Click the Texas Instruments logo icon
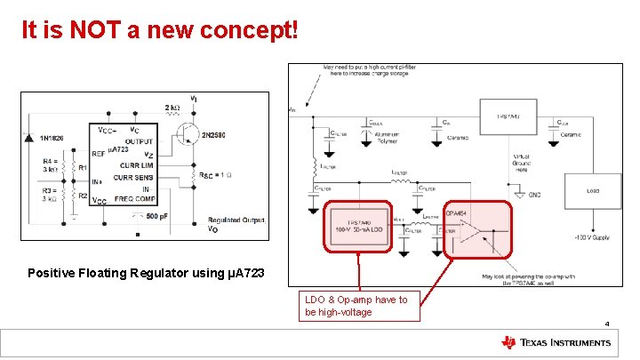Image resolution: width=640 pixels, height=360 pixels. point(508,342)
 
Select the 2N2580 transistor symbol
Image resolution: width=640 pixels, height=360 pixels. point(187,133)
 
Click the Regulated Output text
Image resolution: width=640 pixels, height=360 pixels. point(236,220)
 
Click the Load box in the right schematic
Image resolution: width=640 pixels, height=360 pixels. point(592,190)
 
